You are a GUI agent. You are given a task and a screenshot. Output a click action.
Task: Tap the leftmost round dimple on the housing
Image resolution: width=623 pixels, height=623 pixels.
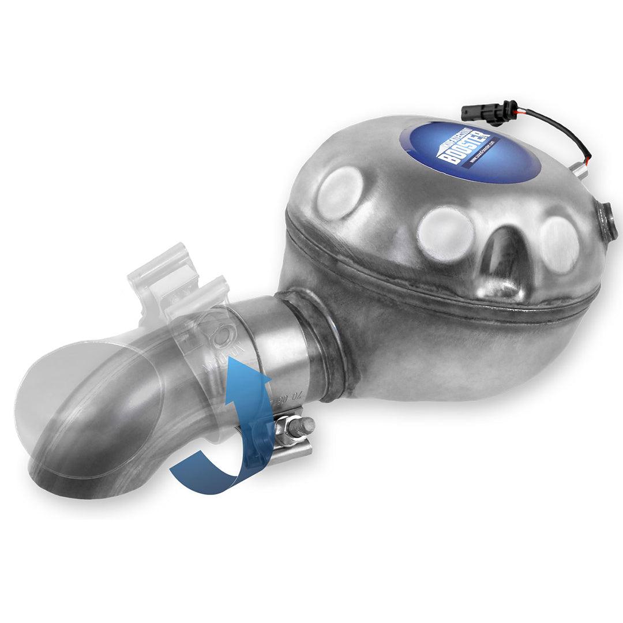(340, 193)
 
